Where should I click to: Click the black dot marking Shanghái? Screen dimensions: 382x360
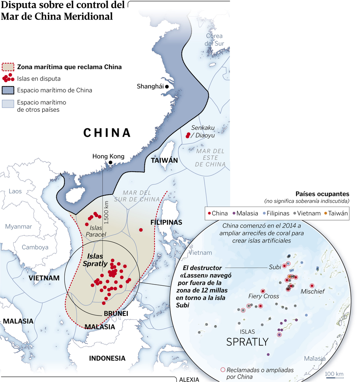[167, 86]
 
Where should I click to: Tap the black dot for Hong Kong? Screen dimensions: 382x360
[110, 162]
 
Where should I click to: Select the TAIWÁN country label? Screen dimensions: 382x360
[164, 160]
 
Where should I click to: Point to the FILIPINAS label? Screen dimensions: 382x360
[166, 222]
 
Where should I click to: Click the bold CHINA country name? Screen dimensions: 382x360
[107, 133]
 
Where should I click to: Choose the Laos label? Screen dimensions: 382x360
[15, 191]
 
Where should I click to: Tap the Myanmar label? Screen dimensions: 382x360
[18, 226]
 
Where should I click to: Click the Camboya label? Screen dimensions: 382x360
[35, 247]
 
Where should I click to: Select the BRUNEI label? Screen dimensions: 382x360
[116, 313]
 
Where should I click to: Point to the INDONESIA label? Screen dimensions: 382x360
[107, 358]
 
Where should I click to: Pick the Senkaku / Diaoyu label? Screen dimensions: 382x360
[203, 131]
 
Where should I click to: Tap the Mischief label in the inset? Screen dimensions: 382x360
[313, 291]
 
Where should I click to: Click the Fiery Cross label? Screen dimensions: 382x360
[263, 296]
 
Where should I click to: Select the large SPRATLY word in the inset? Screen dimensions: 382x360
[247, 342]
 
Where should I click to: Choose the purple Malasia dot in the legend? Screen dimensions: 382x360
[234, 213]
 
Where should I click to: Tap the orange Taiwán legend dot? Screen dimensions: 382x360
[325, 213]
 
